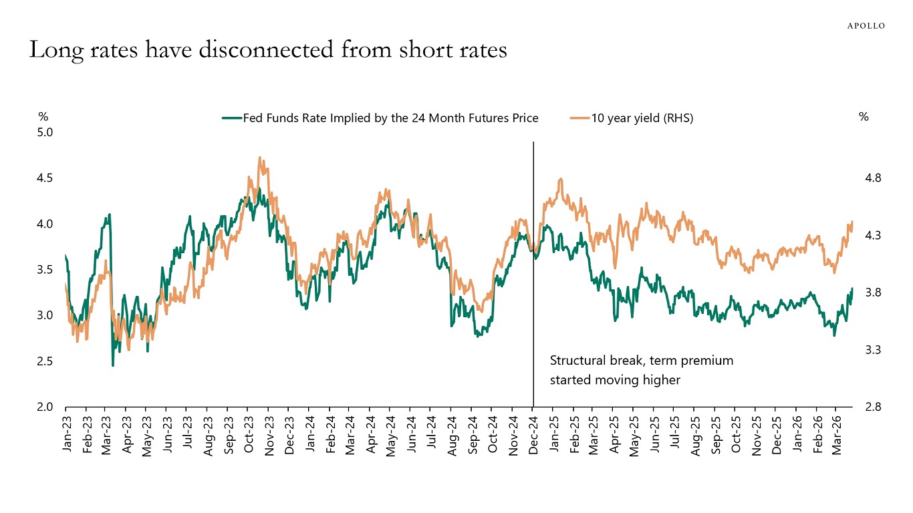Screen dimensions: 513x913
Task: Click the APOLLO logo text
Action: point(866,25)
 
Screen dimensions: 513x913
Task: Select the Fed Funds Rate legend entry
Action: point(380,118)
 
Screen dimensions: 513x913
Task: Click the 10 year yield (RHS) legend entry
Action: point(632,118)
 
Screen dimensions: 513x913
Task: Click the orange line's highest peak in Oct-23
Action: point(259,158)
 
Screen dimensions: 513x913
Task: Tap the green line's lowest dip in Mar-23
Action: point(112,365)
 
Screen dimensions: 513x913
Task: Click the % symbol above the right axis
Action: point(864,117)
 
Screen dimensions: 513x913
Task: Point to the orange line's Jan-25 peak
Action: point(560,179)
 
